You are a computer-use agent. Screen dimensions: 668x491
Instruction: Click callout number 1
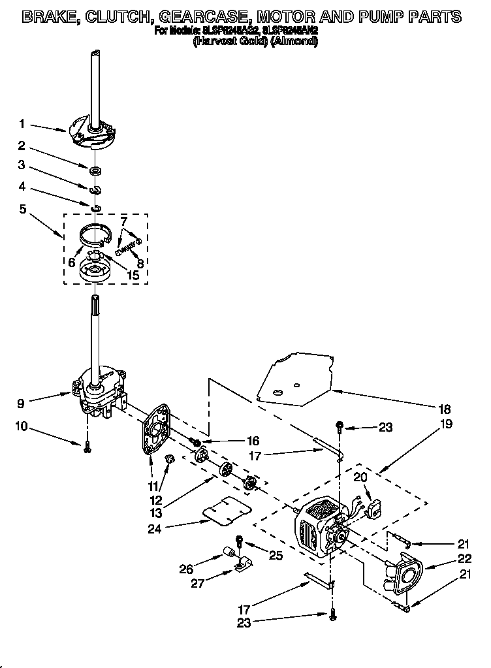point(22,123)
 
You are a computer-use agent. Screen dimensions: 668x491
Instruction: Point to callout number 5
point(22,210)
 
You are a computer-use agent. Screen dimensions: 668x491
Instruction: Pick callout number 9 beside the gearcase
point(22,403)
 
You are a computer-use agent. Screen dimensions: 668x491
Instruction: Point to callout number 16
point(253,441)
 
